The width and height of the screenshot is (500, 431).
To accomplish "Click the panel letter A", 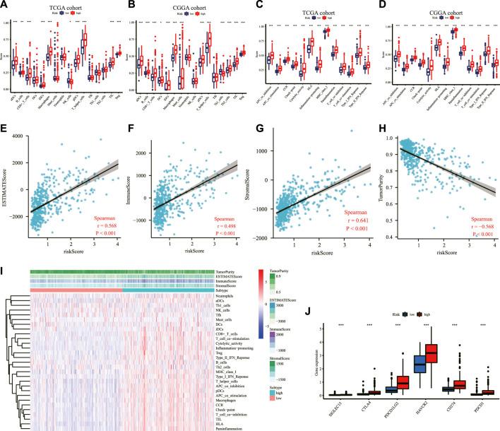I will [6, 6].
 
